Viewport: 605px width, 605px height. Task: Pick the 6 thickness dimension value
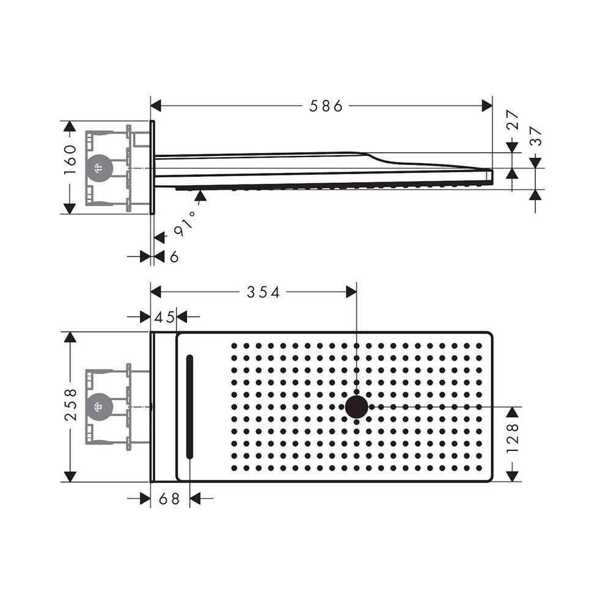174,257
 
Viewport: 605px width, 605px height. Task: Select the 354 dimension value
263,293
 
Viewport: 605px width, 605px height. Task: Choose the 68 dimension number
169,499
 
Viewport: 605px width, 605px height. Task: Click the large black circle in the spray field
356,407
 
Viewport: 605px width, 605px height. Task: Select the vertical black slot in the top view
189,407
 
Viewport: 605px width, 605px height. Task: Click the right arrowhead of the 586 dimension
487,106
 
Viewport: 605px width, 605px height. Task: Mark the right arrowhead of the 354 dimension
351,293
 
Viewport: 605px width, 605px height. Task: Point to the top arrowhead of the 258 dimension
71,339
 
